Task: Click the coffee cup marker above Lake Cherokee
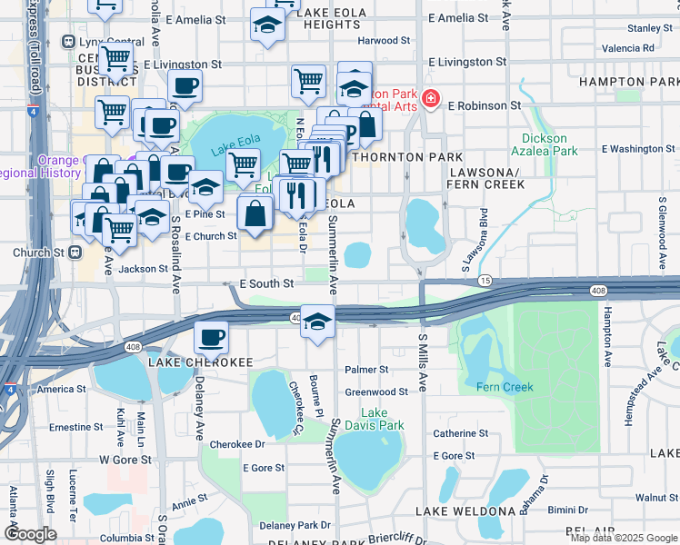click(211, 338)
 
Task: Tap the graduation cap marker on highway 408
click(317, 322)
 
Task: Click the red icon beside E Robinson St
click(431, 100)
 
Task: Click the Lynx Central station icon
click(67, 42)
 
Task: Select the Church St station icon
click(75, 253)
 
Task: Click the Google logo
click(29, 534)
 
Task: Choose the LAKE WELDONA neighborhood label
click(466, 511)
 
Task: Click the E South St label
click(265, 283)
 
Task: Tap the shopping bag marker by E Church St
click(255, 214)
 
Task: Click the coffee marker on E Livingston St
click(185, 87)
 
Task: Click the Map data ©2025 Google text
click(623, 538)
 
